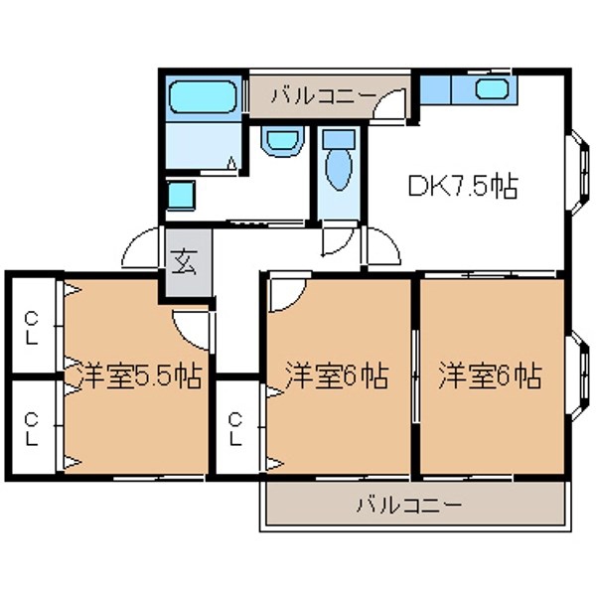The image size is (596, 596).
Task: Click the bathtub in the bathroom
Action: pyautogui.click(x=203, y=96)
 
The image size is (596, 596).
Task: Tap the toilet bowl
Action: pyautogui.click(x=339, y=170)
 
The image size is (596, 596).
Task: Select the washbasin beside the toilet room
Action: pyautogui.click(x=282, y=141)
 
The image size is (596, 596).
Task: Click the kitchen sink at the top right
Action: pyautogui.click(x=492, y=88)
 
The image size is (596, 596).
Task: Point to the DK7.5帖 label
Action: pyautogui.click(x=463, y=187)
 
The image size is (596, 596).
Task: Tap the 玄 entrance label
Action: pyautogui.click(x=184, y=261)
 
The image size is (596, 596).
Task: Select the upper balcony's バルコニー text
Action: pyautogui.click(x=324, y=95)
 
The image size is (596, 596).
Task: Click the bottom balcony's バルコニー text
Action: pyautogui.click(x=409, y=505)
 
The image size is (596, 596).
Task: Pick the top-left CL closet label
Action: pyautogui.click(x=32, y=328)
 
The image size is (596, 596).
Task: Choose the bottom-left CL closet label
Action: pyautogui.click(x=32, y=429)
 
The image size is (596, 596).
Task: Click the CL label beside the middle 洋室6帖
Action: pyautogui.click(x=235, y=428)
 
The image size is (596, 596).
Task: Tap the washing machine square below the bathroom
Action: pyautogui.click(x=181, y=195)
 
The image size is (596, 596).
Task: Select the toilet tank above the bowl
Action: pyautogui.click(x=339, y=139)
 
